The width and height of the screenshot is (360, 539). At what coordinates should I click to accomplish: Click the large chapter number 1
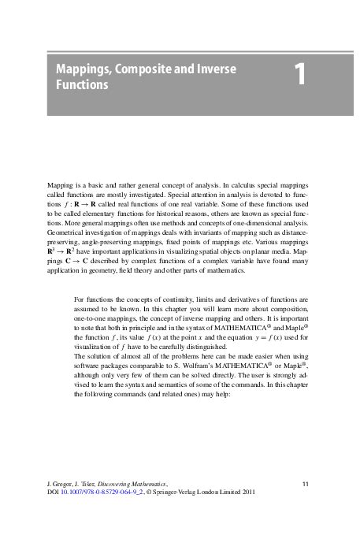coord(300,76)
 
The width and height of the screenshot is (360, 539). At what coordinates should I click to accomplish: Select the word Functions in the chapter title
coord(82,84)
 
